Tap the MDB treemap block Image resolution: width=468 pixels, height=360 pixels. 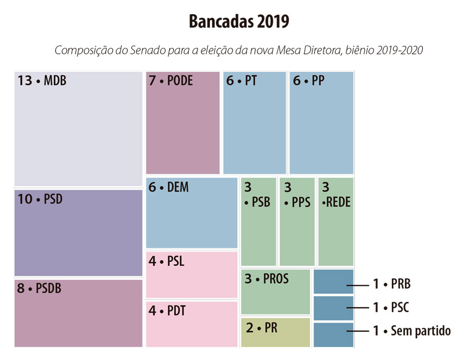pos(78,129)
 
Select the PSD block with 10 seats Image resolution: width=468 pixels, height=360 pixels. pos(78,233)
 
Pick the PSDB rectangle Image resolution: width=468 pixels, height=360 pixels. pos(78,313)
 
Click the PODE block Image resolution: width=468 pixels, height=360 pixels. pos(183,123)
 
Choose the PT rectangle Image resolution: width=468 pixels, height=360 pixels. pos(254,123)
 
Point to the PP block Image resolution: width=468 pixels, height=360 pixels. pos(321,123)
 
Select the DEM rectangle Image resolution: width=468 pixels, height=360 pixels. pos(192,213)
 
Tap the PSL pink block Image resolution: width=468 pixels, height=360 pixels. pos(192,274)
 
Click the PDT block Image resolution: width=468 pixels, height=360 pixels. pos(192,324)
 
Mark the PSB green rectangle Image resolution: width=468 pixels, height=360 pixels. pos(258,222)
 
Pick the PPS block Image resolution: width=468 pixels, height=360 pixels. pos(297,222)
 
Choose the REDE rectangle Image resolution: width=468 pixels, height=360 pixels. pos(336,222)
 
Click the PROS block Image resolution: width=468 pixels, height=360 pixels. pos(275,292)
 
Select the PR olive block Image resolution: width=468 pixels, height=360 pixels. pos(275,332)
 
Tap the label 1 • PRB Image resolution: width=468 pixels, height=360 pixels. pos(392,284)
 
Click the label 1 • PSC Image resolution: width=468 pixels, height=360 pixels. pos(391,308)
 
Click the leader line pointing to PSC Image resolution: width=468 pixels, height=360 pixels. pos(357,308)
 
